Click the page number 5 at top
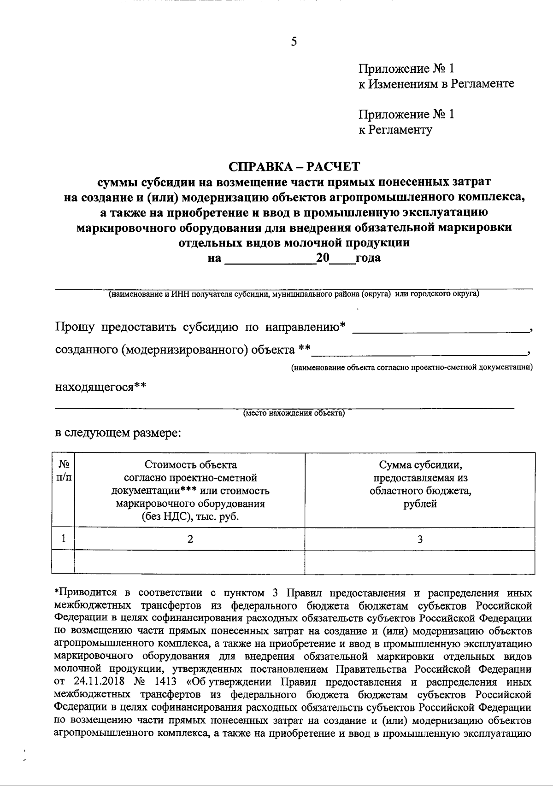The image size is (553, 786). click(294, 42)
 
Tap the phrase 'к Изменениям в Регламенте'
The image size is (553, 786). click(436, 84)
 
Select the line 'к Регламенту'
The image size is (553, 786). click(395, 130)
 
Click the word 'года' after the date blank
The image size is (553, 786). click(368, 258)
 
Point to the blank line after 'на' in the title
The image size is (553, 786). click(269, 261)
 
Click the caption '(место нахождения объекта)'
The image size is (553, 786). click(294, 413)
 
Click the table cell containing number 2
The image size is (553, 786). click(190, 539)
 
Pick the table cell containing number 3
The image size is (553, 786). click(420, 539)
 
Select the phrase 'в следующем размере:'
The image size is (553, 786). click(118, 433)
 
